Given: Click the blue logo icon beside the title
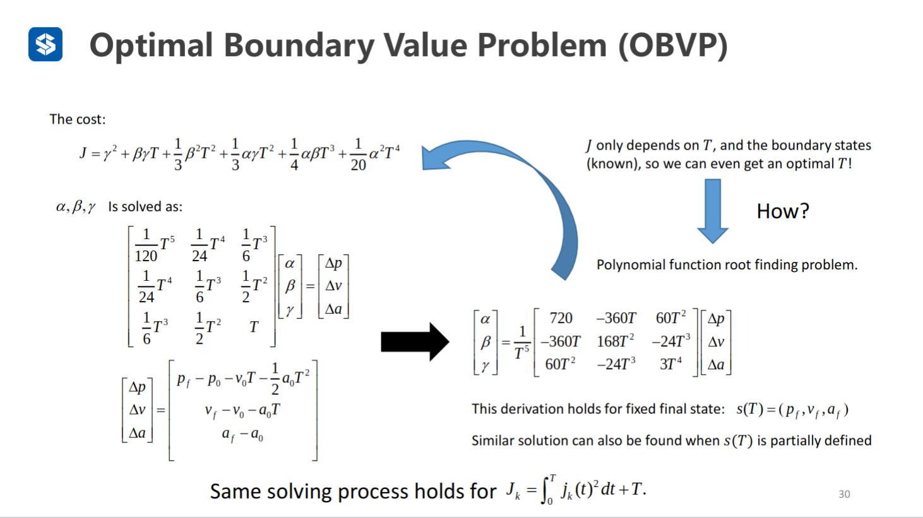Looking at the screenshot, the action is point(45,44).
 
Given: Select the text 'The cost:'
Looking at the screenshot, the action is point(78,119).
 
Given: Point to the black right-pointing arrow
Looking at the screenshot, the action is point(415,342).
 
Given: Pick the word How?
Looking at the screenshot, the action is point(782,211).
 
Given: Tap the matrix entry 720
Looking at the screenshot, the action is point(561,318).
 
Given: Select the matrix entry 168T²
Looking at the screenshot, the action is point(616,341).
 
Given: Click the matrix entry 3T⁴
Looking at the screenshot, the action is point(670,364).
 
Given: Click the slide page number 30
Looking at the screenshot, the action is point(844,494).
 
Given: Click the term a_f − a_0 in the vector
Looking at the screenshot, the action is point(242,434).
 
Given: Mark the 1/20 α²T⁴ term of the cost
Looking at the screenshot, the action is point(375,155).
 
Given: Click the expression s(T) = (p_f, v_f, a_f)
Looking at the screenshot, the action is point(792,409).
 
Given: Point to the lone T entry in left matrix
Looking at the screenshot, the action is point(254,327).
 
